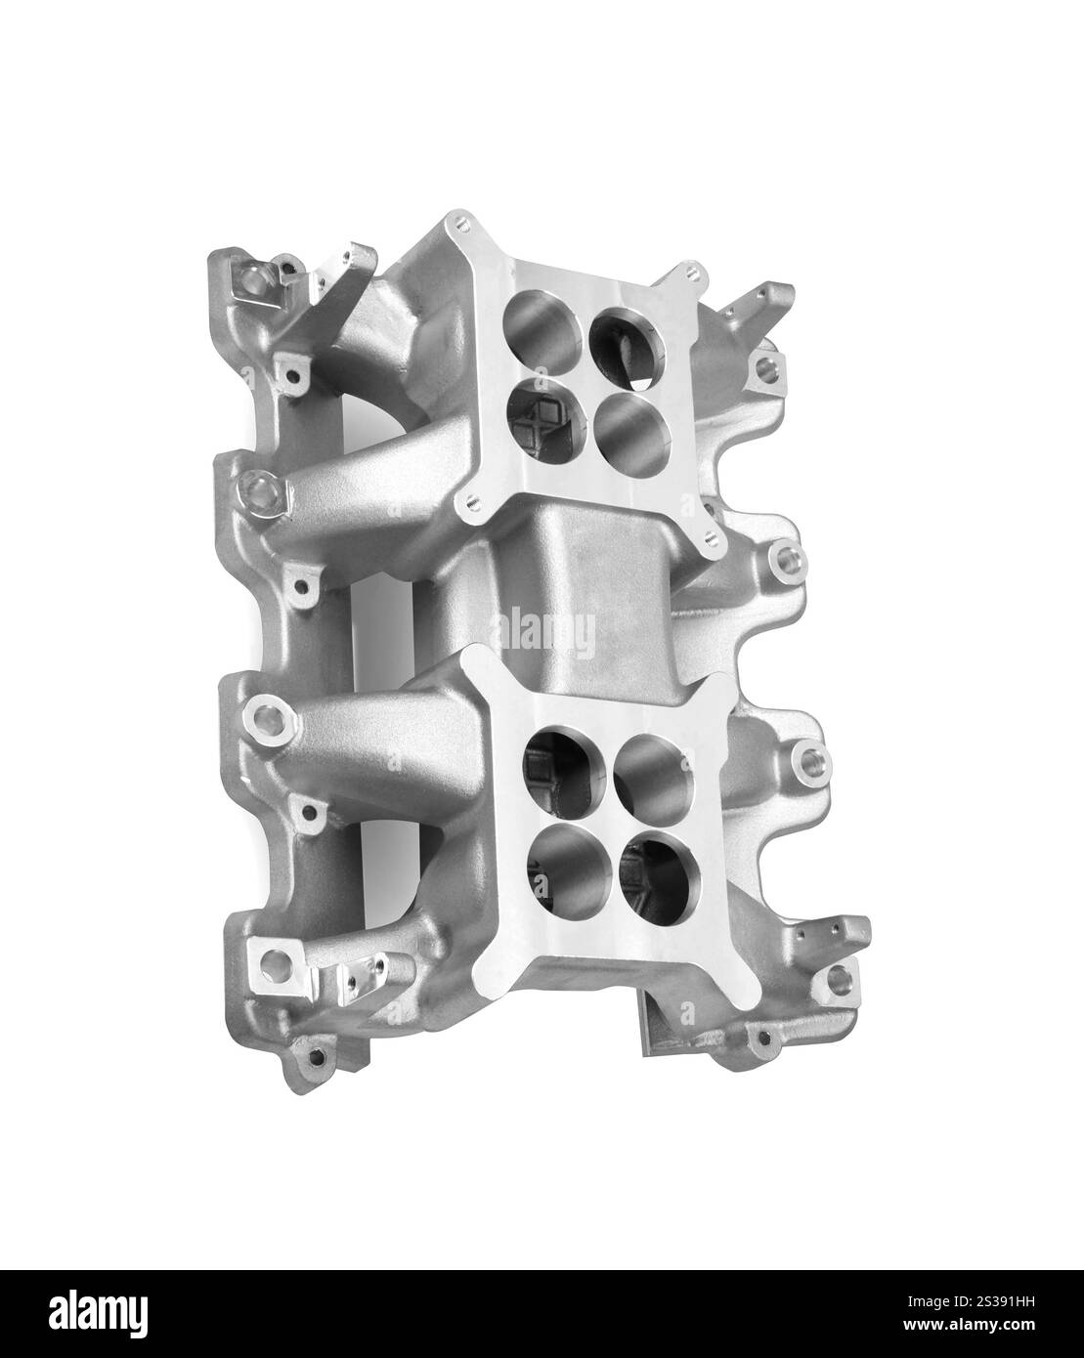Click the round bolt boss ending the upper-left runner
(x=261, y=486)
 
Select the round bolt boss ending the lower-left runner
(x=265, y=720)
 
